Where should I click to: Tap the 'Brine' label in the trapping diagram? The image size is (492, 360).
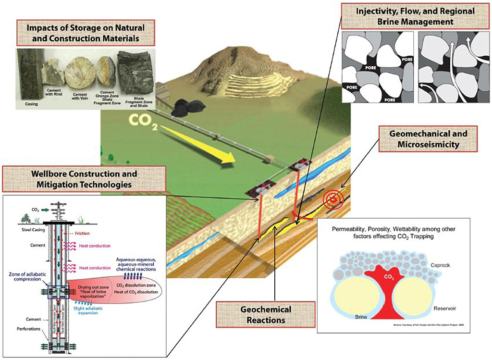pos(361,317)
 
